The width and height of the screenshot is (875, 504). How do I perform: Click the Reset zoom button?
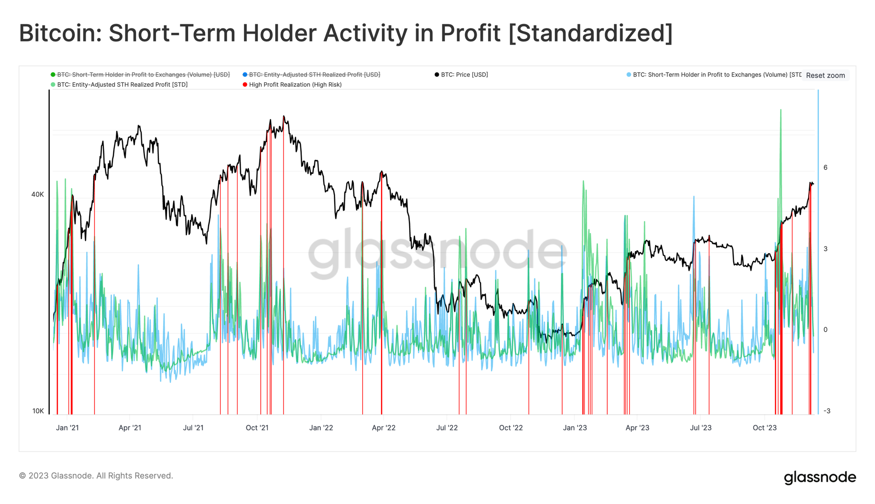pos(825,75)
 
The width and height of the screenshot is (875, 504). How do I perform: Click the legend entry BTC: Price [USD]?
pos(464,75)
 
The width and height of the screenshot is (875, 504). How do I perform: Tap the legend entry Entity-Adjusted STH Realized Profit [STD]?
pos(122,84)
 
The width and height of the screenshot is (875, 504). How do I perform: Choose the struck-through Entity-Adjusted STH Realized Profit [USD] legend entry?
pos(314,75)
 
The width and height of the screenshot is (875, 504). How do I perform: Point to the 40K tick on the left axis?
pos(38,194)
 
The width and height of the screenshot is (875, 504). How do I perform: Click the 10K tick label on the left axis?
pos(38,411)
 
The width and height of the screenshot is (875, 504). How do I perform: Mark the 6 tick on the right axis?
pos(826,168)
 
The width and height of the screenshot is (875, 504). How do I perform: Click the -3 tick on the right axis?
pos(826,411)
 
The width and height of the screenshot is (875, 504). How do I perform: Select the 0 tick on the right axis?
pos(826,330)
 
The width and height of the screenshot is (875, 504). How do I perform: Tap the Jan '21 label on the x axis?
pos(67,428)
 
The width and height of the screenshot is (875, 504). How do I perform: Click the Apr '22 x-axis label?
pos(384,428)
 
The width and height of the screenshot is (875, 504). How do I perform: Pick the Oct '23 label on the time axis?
pos(764,428)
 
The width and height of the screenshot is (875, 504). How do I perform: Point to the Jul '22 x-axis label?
pos(447,428)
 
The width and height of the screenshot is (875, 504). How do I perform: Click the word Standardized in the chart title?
pos(591,33)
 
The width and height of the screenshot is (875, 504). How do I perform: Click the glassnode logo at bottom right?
pos(819,477)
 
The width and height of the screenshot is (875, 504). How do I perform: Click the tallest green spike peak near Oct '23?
pos(780,110)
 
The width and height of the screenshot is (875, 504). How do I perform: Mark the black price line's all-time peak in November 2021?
pos(283,116)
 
